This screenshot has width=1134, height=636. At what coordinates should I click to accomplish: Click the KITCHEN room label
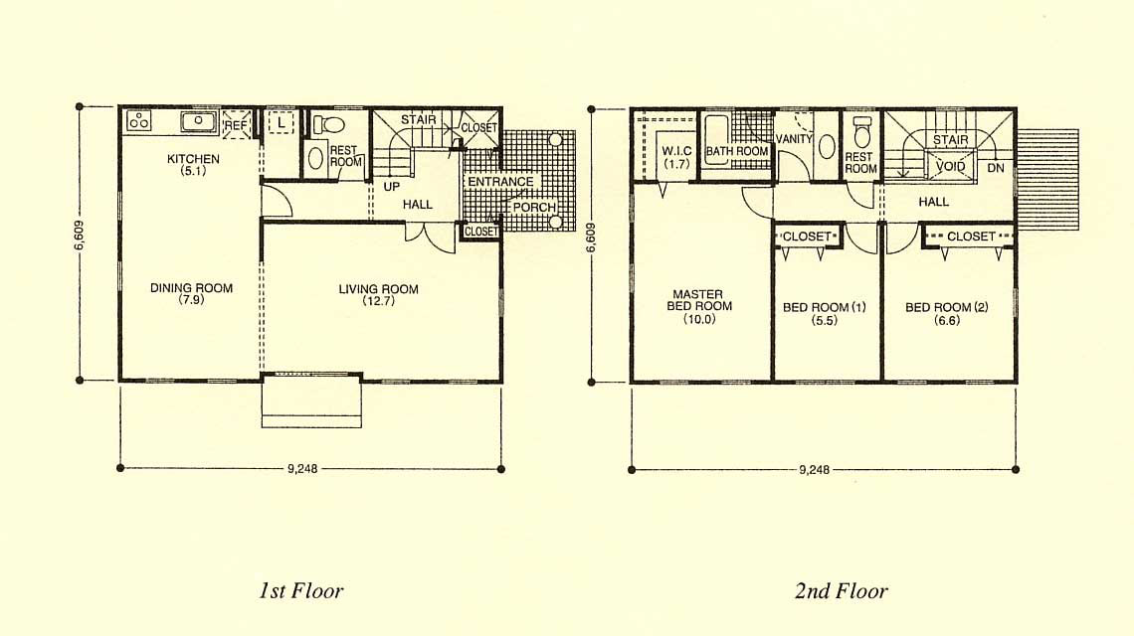193,159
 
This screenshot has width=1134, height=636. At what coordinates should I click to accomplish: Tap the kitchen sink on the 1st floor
199,121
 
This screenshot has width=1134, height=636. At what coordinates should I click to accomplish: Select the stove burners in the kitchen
139,120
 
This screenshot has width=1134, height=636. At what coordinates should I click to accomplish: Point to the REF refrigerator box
236,124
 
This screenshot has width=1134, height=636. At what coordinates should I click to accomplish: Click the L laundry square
281,123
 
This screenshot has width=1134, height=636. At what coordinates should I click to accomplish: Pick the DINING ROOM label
192,287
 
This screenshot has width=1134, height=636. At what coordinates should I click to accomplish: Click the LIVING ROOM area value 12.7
379,301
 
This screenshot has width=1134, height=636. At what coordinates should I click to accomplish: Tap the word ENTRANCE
500,182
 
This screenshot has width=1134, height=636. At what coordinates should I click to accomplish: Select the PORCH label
534,208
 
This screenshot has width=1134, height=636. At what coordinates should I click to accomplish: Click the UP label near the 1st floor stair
391,187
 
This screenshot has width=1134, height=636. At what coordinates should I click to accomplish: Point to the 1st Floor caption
300,591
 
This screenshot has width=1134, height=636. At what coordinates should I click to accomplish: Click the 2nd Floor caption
842,591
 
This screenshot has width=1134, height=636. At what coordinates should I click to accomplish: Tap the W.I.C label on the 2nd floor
677,151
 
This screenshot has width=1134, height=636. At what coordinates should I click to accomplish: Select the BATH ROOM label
737,151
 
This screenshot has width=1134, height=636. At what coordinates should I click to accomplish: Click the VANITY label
794,139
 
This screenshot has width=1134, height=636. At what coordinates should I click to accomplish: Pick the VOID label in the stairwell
950,166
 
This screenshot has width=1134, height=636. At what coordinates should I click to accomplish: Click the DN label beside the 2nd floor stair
996,168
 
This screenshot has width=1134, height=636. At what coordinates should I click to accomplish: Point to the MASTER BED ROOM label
698,300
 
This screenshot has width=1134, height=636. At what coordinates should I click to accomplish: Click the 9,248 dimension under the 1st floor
302,468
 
